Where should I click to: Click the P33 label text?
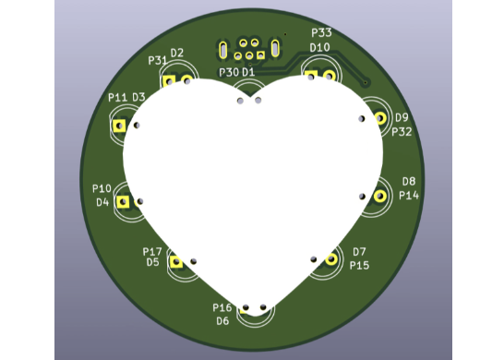coord(321,33)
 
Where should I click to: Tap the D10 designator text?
coord(319,48)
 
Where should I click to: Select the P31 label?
coord(157,60)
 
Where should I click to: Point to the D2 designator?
coord(177,53)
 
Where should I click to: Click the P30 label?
coord(229,72)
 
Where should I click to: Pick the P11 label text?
coord(117,98)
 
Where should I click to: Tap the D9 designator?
coord(402,117)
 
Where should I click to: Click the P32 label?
coord(402,132)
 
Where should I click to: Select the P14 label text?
coord(409,195)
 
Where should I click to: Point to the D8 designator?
coord(409,181)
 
